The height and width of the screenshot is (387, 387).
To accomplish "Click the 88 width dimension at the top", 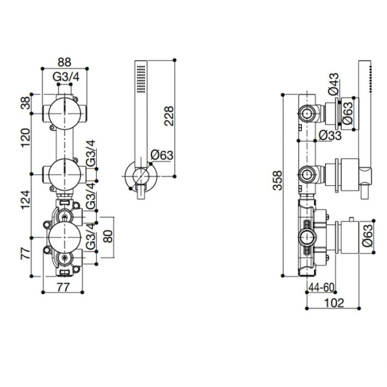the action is [x=64, y=62].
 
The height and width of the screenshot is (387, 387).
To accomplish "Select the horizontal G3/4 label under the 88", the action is [x=66, y=77].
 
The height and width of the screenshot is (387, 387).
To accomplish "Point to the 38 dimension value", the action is [x=25, y=103].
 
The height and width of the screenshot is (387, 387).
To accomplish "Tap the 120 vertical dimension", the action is [x=25, y=138].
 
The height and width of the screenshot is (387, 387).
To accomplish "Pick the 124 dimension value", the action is [x=25, y=200].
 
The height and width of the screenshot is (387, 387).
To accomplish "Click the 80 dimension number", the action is [x=108, y=237].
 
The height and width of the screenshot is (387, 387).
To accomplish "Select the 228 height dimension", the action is [x=169, y=116].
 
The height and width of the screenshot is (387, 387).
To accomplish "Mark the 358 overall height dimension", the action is [x=277, y=181].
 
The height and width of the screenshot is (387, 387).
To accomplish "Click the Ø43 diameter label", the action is [x=333, y=84].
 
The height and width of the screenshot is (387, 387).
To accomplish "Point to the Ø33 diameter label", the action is [x=330, y=135].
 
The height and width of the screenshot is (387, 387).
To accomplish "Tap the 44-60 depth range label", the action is [x=321, y=287].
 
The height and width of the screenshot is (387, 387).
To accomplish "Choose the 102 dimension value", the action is [x=333, y=303].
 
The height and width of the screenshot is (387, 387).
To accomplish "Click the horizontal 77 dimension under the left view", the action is [x=63, y=287].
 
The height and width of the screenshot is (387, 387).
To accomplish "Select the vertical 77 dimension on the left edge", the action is [x=25, y=252].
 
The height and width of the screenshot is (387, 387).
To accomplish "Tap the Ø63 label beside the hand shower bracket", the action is [x=162, y=155].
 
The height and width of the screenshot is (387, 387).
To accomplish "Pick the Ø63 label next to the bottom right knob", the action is [x=368, y=235].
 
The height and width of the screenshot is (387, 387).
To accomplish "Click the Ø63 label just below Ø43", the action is [x=347, y=113].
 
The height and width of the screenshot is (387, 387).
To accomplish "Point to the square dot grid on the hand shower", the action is [x=141, y=79].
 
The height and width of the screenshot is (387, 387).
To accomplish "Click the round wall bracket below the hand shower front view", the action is [x=141, y=177].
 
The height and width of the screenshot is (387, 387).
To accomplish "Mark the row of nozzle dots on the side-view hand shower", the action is [x=370, y=79].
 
